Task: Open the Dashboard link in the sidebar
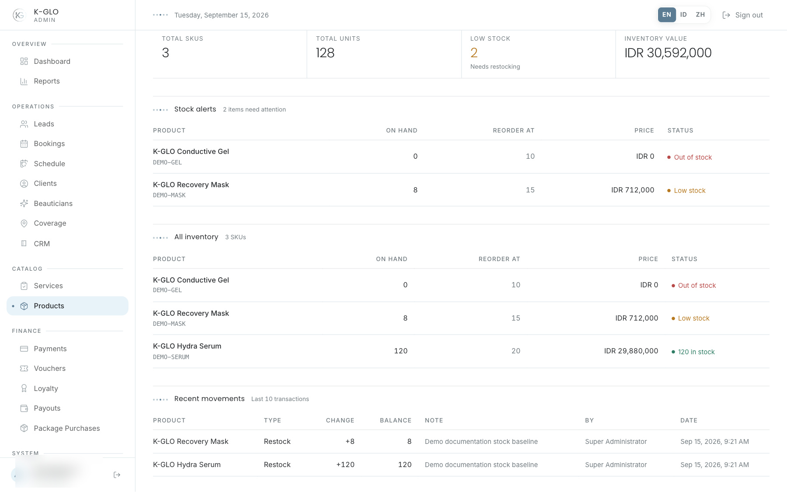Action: pos(52,61)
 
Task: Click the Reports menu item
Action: pos(47,81)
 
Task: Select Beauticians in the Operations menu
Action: pos(53,203)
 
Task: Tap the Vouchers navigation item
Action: pos(50,368)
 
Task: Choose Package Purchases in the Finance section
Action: pos(67,428)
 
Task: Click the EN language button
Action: pos(667,15)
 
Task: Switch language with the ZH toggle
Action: pos(700,15)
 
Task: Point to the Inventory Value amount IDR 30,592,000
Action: pos(668,53)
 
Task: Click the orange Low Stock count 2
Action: pos(474,53)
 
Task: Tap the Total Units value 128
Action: pos(325,53)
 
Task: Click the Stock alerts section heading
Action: pos(195,109)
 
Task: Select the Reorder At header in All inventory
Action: pos(499,259)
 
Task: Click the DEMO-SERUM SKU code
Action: pos(171,357)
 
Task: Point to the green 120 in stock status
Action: pos(696,352)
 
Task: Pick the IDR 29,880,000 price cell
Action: pos(631,351)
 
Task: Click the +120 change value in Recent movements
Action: pos(345,464)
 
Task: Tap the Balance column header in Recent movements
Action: pos(396,420)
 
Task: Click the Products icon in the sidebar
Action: pos(24,306)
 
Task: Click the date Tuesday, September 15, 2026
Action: pos(222,15)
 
